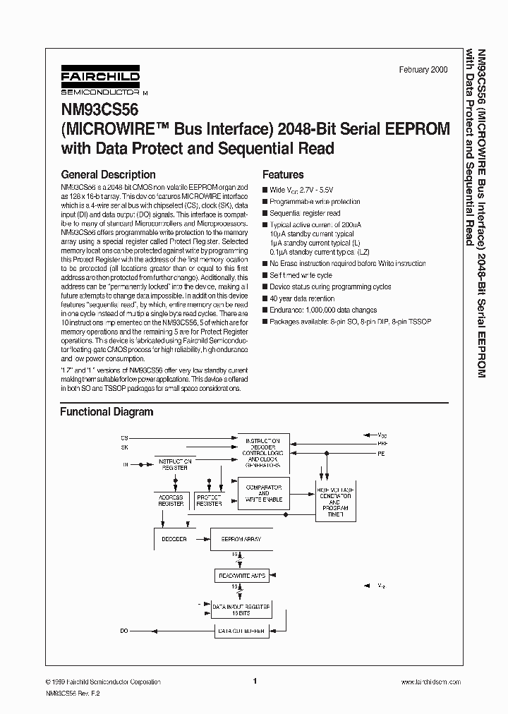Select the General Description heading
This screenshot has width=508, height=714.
click(108, 174)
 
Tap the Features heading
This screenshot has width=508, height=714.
click(283, 174)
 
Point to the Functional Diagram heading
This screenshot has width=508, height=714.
click(106, 411)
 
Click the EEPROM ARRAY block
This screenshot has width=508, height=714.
click(241, 539)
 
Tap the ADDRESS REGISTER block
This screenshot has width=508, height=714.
click(170, 500)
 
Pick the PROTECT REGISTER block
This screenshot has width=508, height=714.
click(209, 500)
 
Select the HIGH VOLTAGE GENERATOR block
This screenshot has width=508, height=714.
click(335, 502)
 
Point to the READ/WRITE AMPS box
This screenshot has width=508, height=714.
click(241, 576)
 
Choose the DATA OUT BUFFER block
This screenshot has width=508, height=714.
click(241, 631)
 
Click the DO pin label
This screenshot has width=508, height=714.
click(125, 631)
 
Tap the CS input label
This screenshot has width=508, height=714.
click(125, 437)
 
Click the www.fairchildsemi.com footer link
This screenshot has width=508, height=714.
click(430, 682)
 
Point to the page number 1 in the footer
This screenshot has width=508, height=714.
click(255, 682)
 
